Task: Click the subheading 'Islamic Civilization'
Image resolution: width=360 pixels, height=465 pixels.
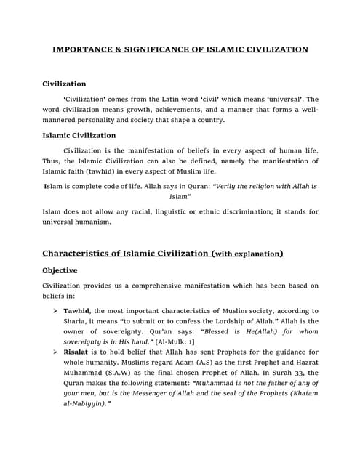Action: point(79,135)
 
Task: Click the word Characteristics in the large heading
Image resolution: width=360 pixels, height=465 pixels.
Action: point(81,254)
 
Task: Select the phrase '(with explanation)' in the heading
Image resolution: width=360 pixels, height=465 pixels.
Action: point(246,254)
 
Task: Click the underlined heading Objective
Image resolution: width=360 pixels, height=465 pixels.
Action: point(60,270)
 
